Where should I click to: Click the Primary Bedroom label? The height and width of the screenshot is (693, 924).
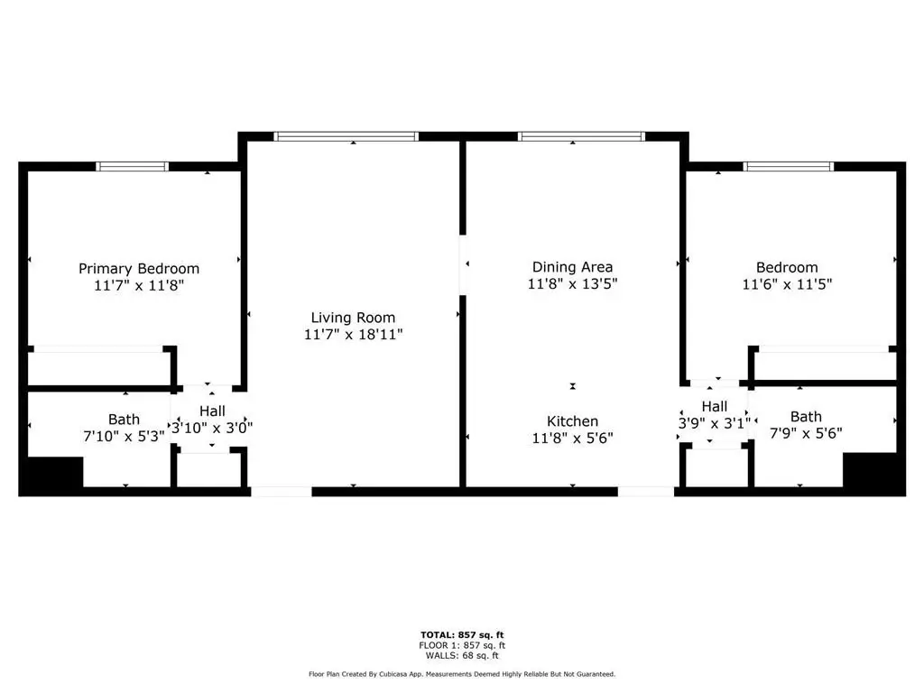click(139, 269)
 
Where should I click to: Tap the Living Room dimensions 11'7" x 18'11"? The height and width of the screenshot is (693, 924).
click(353, 335)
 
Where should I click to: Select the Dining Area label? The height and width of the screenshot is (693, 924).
click(572, 267)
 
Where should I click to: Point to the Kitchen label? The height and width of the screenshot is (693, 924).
click(572, 421)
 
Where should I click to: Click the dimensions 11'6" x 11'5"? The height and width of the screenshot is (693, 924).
click(787, 284)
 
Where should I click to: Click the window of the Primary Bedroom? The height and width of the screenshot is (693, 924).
click(132, 167)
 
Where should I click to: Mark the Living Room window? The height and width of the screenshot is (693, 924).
click(346, 137)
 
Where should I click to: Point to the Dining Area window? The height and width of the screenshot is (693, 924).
click(581, 137)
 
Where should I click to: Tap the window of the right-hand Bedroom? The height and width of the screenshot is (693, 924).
click(789, 167)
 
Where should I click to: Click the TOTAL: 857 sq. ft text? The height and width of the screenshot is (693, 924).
click(462, 634)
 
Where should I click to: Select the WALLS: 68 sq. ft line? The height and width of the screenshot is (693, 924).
click(462, 655)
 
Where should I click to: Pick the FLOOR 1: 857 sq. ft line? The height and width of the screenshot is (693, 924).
click(462, 645)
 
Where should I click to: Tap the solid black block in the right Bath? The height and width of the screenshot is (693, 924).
click(871, 471)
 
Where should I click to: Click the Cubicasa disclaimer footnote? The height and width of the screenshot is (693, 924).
click(462, 674)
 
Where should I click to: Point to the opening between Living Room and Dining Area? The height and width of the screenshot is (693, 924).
click(463, 265)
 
